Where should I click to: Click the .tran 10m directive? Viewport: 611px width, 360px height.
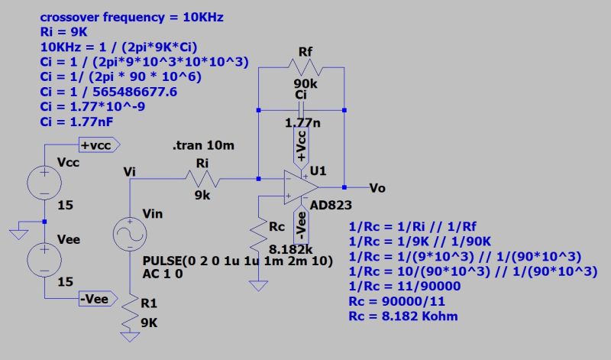point(202,145)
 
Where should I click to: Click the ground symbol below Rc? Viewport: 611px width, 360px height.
point(261,285)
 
